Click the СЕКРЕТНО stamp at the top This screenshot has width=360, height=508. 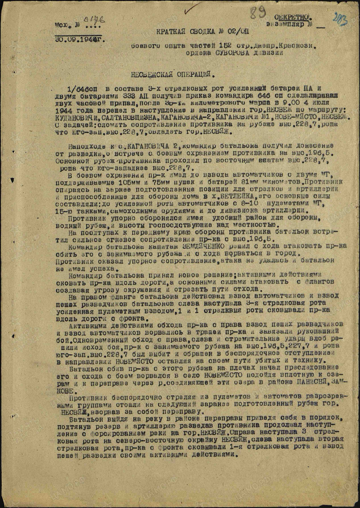[x=294, y=17]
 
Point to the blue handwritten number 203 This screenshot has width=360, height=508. [x=340, y=20]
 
